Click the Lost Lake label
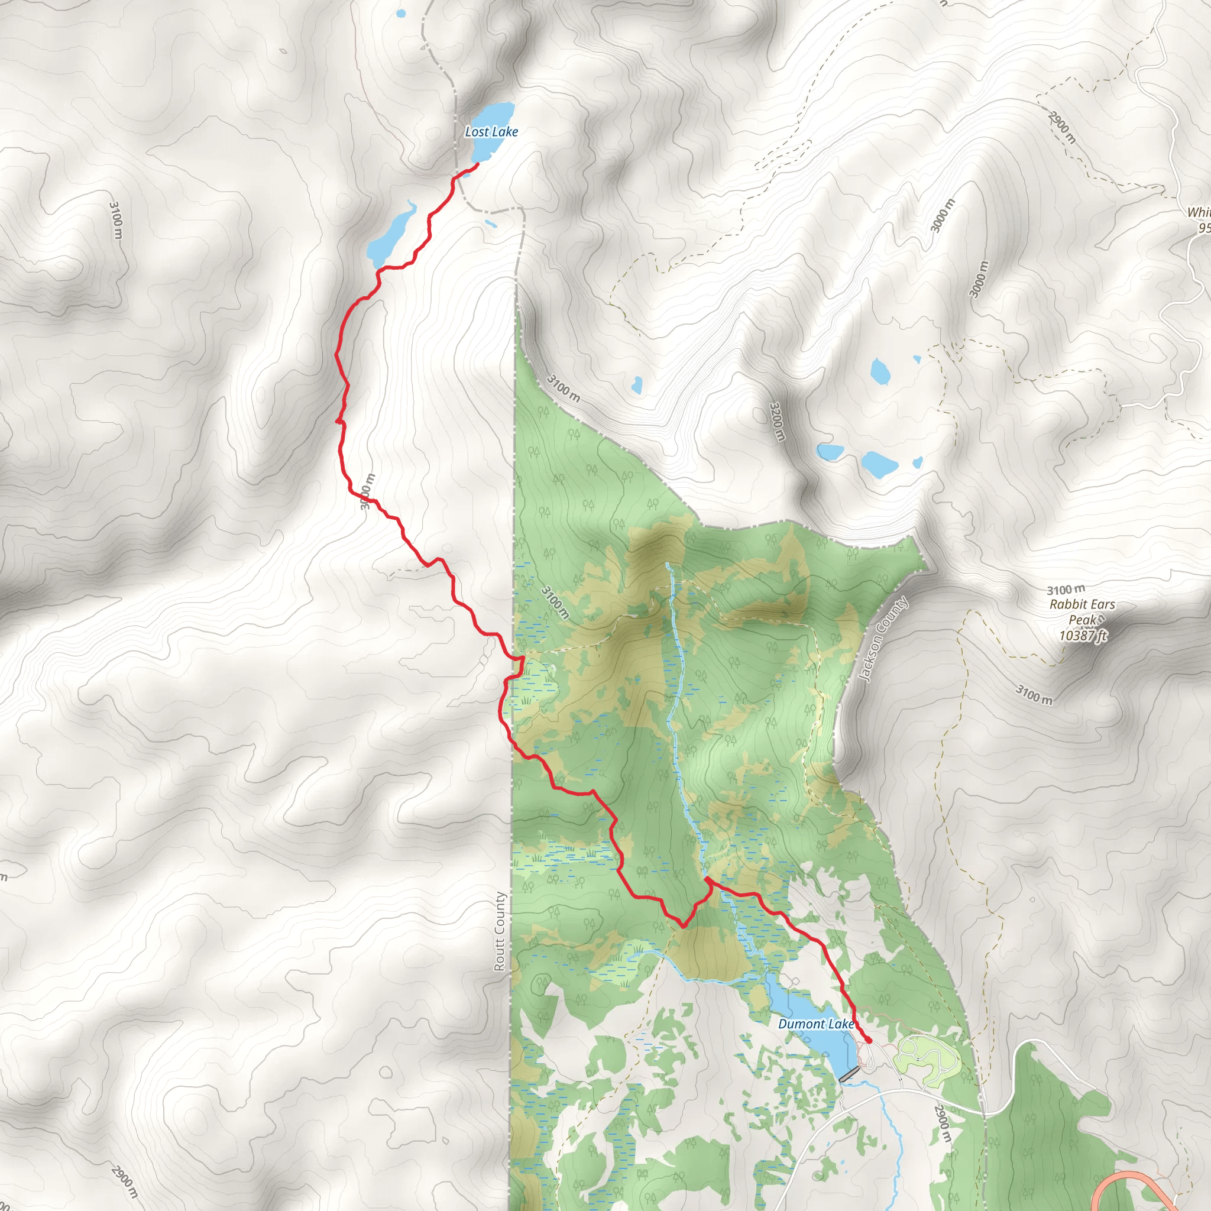tap(491, 132)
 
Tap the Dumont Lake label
tap(815, 1024)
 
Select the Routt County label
tap(500, 931)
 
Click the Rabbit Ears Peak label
tap(1083, 612)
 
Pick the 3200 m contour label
tap(776, 421)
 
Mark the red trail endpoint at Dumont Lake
tap(868, 1041)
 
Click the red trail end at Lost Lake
tap(478, 164)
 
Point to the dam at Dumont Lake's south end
tap(850, 1074)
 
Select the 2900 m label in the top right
tap(1061, 127)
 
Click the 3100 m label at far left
tap(116, 219)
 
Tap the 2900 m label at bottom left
tap(124, 1181)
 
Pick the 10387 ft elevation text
tap(1083, 636)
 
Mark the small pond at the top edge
tap(401, 12)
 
